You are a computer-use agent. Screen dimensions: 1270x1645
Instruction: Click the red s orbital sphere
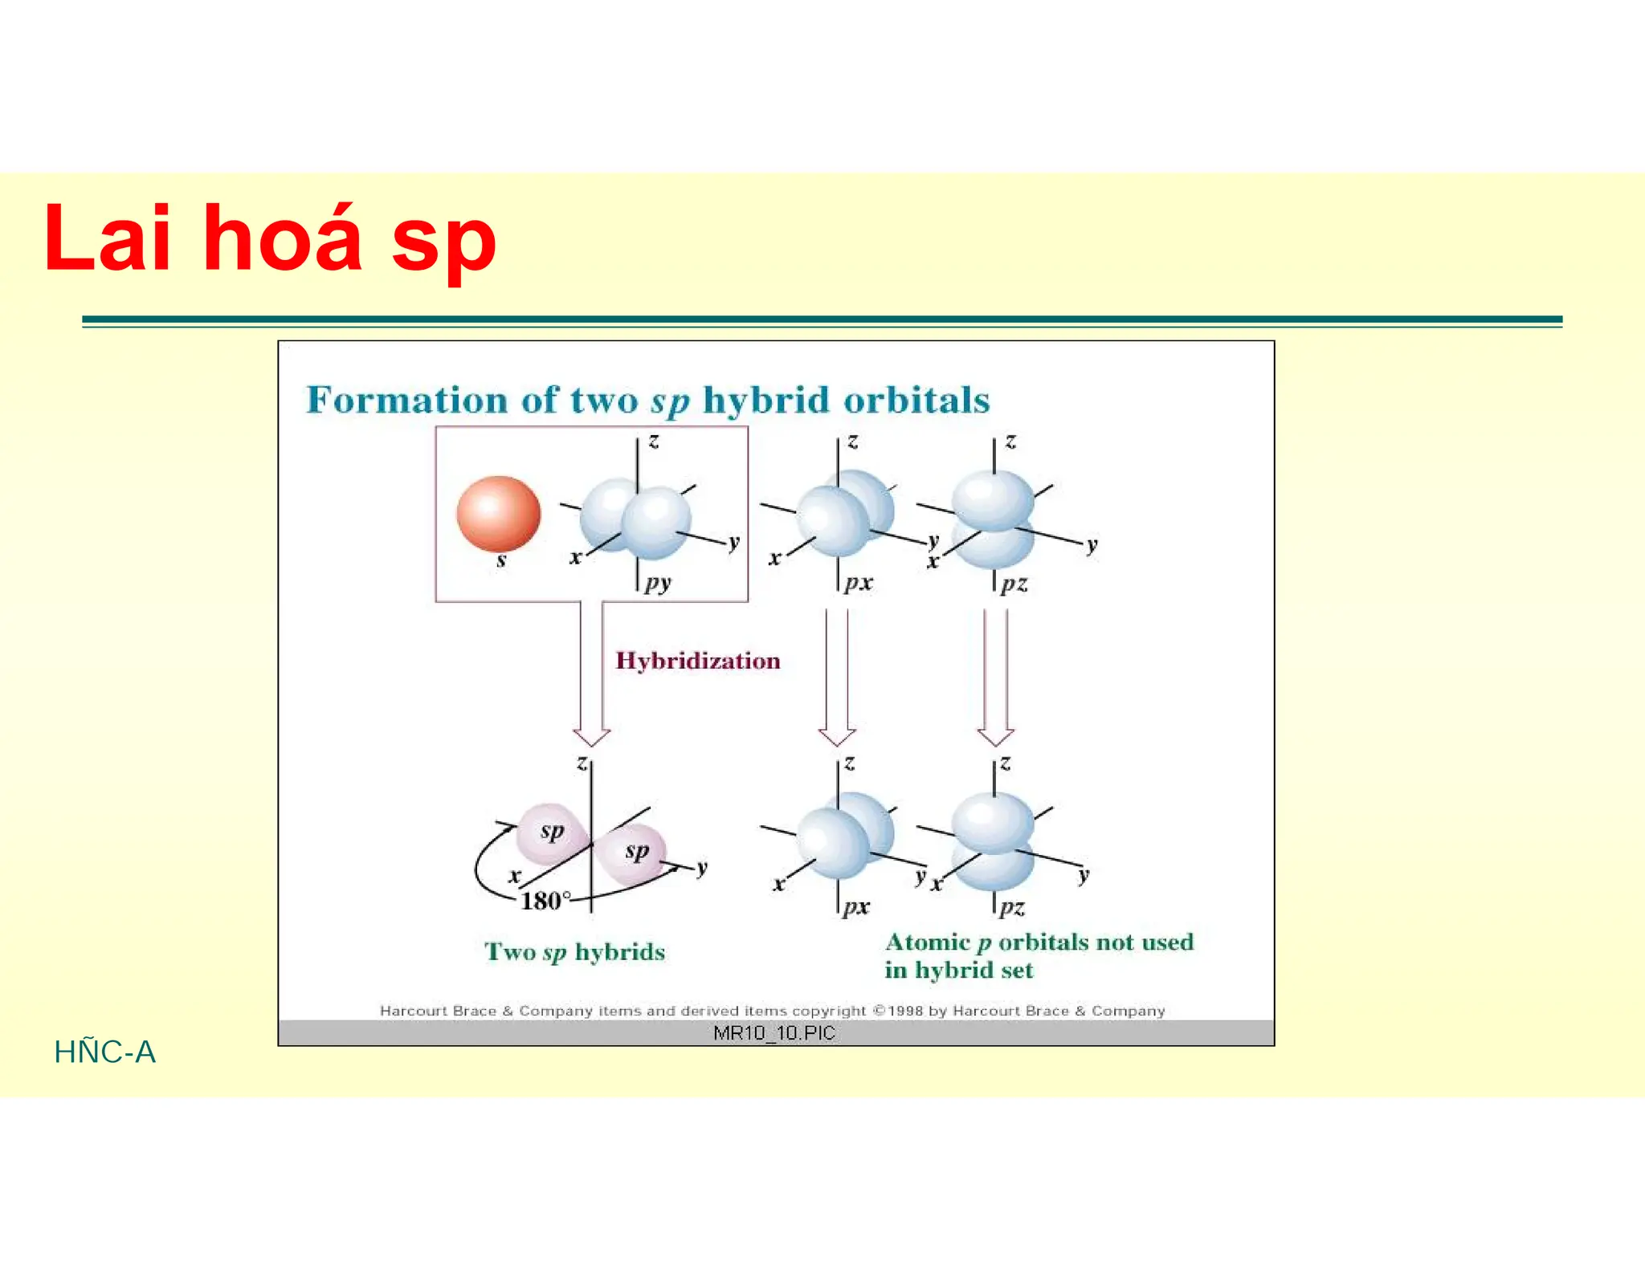[x=498, y=514]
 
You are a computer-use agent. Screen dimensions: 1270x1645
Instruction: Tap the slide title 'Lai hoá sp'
[x=270, y=238]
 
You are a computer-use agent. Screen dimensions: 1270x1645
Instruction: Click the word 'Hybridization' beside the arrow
[x=697, y=661]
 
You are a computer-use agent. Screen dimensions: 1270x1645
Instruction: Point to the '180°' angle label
[x=545, y=901]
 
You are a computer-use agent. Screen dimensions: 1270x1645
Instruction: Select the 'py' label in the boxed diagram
[x=658, y=583]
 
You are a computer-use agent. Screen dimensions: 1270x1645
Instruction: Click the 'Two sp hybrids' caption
[x=574, y=952]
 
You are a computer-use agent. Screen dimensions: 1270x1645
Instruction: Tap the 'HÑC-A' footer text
[x=104, y=1052]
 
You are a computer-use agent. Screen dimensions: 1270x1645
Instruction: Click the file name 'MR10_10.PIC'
[x=774, y=1033]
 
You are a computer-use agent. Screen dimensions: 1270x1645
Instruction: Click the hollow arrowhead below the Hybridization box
[x=591, y=736]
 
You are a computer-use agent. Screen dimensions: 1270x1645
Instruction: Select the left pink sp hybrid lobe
[x=548, y=832]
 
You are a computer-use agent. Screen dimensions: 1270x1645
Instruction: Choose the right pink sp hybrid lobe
[x=635, y=853]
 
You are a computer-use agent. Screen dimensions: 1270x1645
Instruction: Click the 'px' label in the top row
[x=858, y=583]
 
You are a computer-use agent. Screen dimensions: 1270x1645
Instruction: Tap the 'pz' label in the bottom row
[x=1012, y=908]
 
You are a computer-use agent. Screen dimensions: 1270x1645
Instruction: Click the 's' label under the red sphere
[x=501, y=560]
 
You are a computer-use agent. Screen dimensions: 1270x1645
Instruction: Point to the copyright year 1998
[x=906, y=1011]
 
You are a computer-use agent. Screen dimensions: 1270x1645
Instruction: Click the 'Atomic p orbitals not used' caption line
[x=1039, y=942]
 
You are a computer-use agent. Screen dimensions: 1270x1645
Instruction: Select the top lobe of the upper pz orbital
[x=993, y=498]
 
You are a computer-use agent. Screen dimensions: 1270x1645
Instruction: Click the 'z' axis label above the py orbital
[x=654, y=441]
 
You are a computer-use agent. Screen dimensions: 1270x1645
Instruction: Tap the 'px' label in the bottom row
[x=856, y=907]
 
